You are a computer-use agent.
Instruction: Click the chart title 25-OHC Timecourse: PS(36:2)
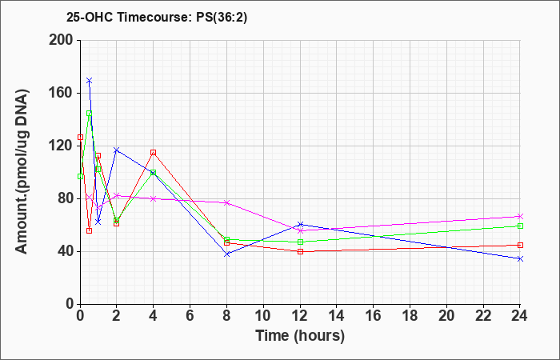point(157,17)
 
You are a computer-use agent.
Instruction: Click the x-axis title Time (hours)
point(300,335)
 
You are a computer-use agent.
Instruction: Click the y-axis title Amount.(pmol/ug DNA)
point(22,171)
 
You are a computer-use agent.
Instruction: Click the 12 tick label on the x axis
point(300,315)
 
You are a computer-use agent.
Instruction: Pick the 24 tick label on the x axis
point(520,315)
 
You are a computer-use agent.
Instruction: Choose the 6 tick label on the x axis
point(190,315)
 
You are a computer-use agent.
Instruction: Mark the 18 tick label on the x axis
point(410,315)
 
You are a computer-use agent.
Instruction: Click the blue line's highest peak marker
point(90,80)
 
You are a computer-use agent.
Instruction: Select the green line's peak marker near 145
point(90,114)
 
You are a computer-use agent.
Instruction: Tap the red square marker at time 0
point(80,137)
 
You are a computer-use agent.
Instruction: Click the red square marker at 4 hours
point(154,153)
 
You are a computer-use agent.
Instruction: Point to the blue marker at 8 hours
point(226,254)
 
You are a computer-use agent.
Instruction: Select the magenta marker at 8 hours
point(226,202)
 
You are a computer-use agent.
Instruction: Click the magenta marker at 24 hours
point(520,217)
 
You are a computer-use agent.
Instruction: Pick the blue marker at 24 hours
point(520,258)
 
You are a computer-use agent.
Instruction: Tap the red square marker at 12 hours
point(300,251)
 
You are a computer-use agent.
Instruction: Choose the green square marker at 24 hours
point(520,226)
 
